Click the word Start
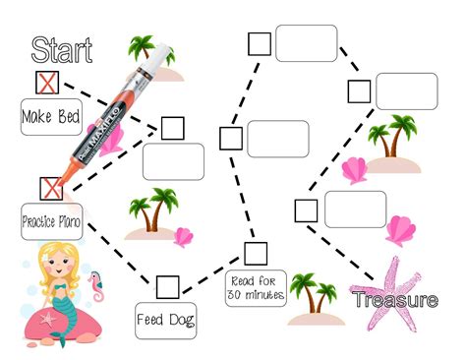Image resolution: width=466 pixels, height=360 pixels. tap(62, 49)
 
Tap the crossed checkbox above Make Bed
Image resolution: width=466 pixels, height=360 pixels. tap(46, 81)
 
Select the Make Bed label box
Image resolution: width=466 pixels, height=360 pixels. tap(49, 116)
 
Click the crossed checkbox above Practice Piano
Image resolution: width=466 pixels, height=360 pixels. tap(49, 187)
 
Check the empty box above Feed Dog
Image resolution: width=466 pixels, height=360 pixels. tap(167, 286)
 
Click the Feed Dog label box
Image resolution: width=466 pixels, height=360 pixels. tap(164, 319)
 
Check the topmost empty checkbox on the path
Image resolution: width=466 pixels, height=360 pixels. tap(260, 42)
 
